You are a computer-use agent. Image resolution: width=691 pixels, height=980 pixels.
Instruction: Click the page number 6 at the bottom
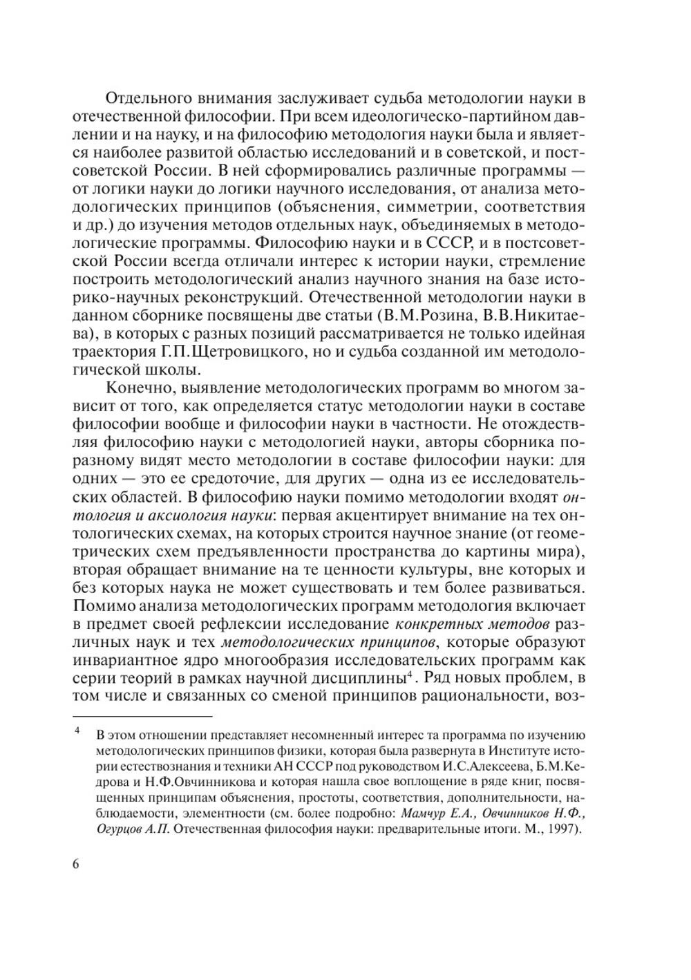point(76,865)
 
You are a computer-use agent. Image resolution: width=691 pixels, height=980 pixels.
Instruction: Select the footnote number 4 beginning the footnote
point(78,730)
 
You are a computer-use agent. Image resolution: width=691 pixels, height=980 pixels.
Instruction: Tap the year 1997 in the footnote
point(560,829)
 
